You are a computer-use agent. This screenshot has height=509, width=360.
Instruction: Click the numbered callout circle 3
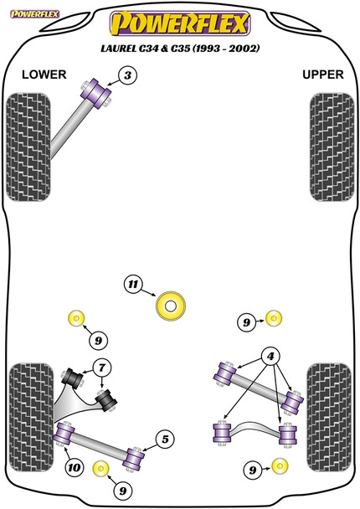click(x=127, y=75)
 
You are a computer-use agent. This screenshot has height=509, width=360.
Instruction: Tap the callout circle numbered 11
click(x=133, y=285)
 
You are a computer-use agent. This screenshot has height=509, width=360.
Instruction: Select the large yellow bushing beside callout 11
click(x=170, y=306)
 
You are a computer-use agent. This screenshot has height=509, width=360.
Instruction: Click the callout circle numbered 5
click(x=165, y=440)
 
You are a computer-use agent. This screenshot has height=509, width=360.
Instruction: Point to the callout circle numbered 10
click(x=74, y=468)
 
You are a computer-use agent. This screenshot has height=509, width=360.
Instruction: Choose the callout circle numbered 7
click(x=102, y=368)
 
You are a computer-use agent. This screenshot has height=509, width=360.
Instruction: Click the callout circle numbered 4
click(x=270, y=357)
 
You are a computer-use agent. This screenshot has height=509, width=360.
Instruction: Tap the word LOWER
click(x=44, y=75)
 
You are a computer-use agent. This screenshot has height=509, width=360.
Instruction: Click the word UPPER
click(x=323, y=75)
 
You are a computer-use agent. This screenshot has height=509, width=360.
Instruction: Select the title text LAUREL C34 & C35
click(x=146, y=49)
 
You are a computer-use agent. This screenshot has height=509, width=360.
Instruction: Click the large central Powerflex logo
click(x=180, y=23)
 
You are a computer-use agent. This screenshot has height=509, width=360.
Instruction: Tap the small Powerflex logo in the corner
click(x=34, y=14)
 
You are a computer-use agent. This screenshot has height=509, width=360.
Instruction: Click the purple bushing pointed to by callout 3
click(x=96, y=93)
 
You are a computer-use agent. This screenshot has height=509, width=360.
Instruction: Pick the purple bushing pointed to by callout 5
click(x=135, y=459)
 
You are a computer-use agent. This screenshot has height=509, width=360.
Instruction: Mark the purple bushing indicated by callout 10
click(x=64, y=434)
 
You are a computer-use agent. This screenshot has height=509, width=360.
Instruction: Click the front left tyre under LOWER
click(x=28, y=147)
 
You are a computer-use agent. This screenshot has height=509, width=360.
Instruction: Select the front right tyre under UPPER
click(x=332, y=147)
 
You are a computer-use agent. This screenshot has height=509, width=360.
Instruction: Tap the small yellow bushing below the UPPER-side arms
click(x=280, y=465)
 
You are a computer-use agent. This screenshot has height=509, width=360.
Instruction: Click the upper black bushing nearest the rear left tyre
click(x=72, y=378)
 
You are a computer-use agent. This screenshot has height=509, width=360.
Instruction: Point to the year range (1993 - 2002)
click(x=226, y=49)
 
